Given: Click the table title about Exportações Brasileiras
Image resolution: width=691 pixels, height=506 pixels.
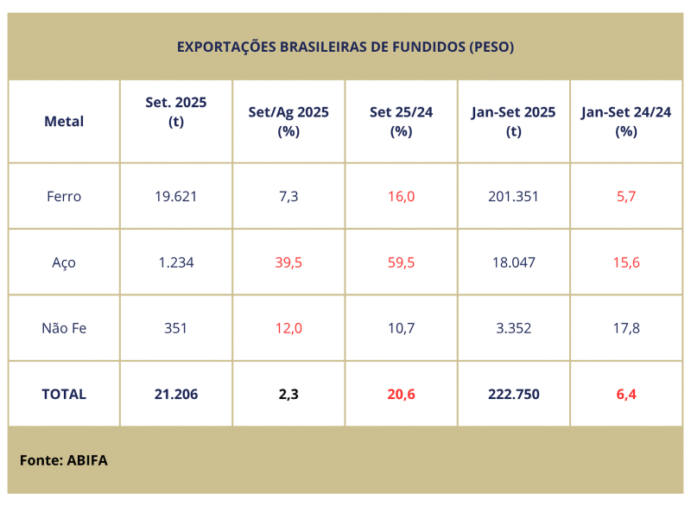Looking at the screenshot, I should click(x=345, y=47).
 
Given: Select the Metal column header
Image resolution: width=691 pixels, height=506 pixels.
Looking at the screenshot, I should click(x=64, y=122).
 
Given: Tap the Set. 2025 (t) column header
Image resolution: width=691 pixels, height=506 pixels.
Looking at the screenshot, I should click(x=176, y=111).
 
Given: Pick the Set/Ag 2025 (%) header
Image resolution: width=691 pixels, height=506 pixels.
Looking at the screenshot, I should click(x=288, y=122).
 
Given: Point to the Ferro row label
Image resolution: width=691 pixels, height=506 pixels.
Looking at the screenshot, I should click(x=64, y=196).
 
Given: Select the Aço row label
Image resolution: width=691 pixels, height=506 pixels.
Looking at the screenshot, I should click(x=64, y=262).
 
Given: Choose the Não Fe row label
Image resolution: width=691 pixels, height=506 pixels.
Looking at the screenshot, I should click(x=64, y=328).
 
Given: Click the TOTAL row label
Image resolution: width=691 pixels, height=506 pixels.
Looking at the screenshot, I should click(x=64, y=394).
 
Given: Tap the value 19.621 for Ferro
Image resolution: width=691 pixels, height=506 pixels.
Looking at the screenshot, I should click(x=176, y=196).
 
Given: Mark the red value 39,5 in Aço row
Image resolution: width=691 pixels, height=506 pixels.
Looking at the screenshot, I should click(x=288, y=262).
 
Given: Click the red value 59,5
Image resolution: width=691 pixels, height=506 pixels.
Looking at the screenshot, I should click(x=401, y=262).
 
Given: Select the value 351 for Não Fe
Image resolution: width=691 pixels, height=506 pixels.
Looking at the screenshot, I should click(x=176, y=328).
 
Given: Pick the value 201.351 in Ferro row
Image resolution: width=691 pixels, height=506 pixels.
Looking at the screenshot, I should click(x=514, y=196).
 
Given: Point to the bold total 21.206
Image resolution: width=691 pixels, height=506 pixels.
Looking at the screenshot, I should click(x=176, y=394).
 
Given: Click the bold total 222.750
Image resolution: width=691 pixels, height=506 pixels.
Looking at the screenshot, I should click(x=514, y=394).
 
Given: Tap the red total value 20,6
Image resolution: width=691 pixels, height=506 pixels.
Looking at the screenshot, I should click(x=401, y=394).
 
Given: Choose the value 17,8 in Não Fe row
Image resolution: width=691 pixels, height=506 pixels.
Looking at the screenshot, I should click(x=626, y=328).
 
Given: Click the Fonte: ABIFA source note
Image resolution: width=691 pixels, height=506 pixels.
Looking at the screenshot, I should click(x=64, y=460).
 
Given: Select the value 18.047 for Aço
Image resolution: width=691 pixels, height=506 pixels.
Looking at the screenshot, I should click(x=514, y=262).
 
